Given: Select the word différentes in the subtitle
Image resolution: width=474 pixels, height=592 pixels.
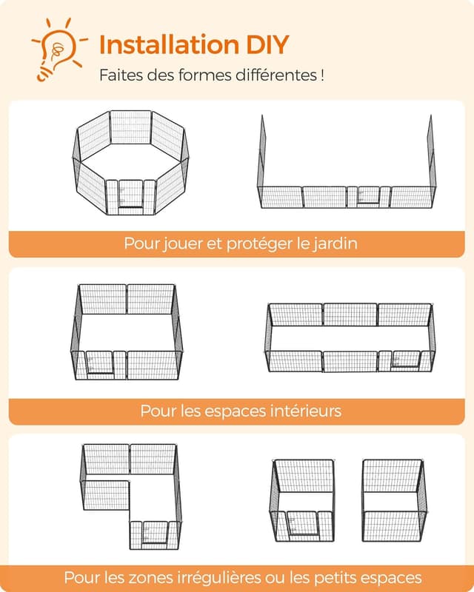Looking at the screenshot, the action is pyautogui.click(x=276, y=75).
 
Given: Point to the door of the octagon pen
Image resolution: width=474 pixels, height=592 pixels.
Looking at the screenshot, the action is pyautogui.click(x=131, y=193).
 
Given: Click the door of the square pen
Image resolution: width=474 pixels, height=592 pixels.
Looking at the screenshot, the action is pyautogui.click(x=100, y=363).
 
